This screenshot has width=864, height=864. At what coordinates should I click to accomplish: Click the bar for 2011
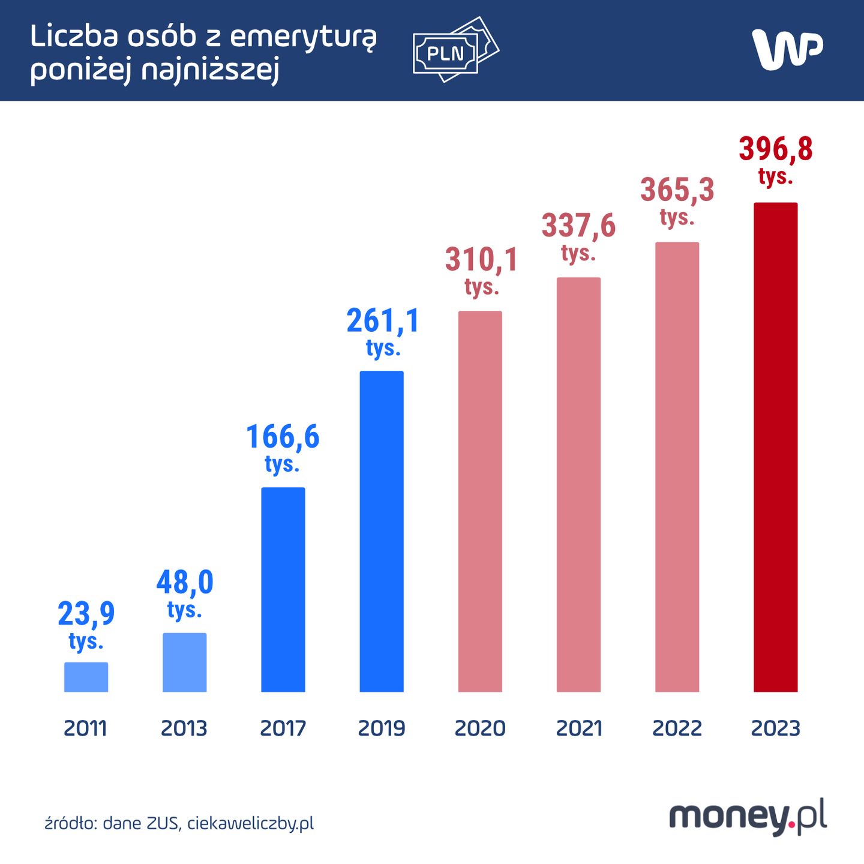tap(86, 677)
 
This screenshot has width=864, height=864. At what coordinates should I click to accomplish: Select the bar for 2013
tap(185, 662)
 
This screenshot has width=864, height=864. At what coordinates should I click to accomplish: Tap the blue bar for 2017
tap(283, 589)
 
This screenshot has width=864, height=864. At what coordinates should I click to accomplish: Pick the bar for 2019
tap(382, 531)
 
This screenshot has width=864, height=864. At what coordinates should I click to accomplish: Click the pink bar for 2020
tap(480, 501)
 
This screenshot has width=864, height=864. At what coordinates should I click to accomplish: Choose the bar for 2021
tap(578, 484)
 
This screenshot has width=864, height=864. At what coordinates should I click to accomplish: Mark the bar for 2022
tap(677, 467)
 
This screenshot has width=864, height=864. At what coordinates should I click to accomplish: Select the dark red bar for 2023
tap(775, 447)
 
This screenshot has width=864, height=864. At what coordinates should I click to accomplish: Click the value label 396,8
tap(775, 149)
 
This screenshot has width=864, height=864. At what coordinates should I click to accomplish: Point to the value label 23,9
tap(86, 614)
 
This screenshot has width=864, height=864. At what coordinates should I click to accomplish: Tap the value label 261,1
tap(383, 321)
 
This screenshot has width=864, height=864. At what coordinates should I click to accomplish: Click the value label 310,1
tap(481, 260)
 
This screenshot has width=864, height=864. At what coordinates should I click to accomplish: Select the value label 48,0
tap(185, 583)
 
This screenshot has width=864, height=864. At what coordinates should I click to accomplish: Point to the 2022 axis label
tap(677, 728)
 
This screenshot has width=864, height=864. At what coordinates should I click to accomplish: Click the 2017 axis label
tap(283, 728)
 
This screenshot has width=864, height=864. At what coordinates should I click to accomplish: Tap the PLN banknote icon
tap(455, 50)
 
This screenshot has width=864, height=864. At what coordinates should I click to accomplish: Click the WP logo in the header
tap(787, 49)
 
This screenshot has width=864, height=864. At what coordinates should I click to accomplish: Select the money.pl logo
tap(748, 817)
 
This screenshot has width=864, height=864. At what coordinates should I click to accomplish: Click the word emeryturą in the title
tap(304, 38)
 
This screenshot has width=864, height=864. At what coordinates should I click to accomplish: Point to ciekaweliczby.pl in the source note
tap(250, 823)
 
